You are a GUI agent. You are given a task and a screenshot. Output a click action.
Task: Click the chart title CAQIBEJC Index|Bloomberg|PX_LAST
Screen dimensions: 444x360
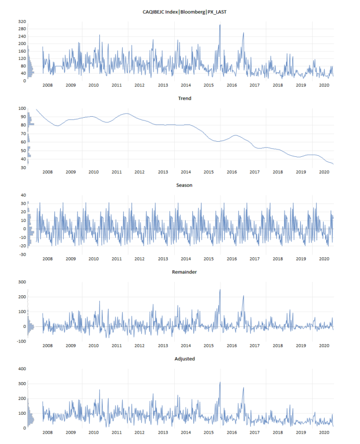(185, 11)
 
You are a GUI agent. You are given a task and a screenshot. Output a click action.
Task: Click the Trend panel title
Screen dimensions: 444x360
(185, 99)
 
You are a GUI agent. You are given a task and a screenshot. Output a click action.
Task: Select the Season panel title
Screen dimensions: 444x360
(185, 185)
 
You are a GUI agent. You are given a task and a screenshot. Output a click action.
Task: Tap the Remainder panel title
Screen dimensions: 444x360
(185, 271)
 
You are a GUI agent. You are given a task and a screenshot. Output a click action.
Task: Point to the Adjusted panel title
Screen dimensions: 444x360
(185, 359)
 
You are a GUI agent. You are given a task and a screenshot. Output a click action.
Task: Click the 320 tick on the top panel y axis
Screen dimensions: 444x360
(22, 22)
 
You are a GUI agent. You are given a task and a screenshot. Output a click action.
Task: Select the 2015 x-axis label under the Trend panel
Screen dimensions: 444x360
(209, 172)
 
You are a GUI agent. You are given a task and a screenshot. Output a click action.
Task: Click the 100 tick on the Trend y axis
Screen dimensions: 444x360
(22, 109)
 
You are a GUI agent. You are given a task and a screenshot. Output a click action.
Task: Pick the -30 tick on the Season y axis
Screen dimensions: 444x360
(22, 254)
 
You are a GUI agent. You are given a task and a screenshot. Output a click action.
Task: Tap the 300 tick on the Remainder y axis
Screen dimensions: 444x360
(22, 282)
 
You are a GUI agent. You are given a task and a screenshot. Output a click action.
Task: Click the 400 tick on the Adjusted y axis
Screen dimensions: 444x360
(22, 369)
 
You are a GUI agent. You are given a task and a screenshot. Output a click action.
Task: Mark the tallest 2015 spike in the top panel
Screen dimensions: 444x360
(220, 25)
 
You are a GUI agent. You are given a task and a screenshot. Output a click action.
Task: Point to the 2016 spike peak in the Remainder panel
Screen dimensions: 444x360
(243, 296)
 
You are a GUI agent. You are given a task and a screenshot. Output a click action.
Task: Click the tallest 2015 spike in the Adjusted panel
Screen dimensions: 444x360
(220, 382)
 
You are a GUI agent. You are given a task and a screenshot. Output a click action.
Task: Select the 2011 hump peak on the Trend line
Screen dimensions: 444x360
(127, 113)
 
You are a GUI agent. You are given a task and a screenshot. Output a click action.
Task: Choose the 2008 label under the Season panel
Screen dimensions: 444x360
(47, 259)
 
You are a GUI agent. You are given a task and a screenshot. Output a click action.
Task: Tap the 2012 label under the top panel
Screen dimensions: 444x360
(140, 85)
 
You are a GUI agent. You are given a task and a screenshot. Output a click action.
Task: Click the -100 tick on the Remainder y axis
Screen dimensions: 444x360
(21, 341)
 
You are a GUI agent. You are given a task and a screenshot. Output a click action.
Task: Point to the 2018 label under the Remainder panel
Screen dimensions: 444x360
(277, 346)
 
